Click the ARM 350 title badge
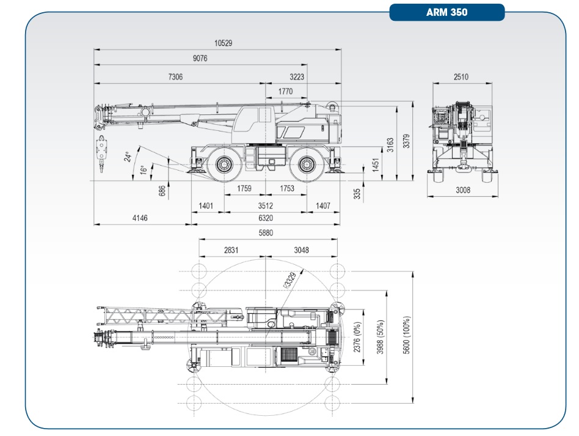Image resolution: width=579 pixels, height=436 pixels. click(x=447, y=12)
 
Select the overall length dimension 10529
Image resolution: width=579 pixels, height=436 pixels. click(x=223, y=43)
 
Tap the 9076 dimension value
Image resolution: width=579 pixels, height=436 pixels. click(x=200, y=59)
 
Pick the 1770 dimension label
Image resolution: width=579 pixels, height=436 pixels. click(x=285, y=91)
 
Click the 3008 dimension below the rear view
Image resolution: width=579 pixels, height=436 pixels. click(x=463, y=190)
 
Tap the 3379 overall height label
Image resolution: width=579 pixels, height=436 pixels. click(x=407, y=142)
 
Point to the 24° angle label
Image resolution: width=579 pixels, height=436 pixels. click(x=127, y=157)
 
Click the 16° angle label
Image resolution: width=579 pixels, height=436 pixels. click(x=142, y=169)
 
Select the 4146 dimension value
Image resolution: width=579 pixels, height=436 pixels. click(x=140, y=218)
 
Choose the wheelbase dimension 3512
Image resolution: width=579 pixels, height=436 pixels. click(x=264, y=206)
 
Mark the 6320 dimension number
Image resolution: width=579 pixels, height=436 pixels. click(x=264, y=218)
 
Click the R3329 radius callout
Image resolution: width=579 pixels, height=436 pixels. click(x=289, y=281)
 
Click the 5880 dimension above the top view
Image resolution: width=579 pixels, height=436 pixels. click(x=266, y=233)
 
